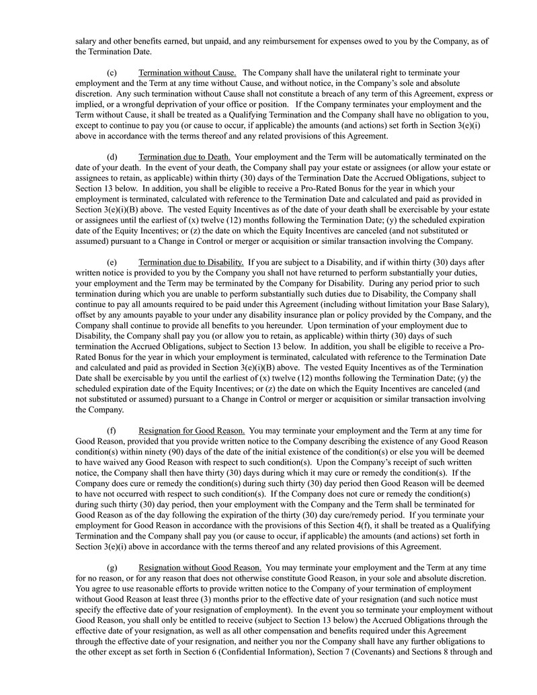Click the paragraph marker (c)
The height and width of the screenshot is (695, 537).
[x=112, y=73]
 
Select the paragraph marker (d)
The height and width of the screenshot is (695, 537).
[x=112, y=157]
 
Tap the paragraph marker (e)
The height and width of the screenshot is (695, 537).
[x=112, y=261]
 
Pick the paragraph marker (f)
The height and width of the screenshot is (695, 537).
[x=112, y=430]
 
